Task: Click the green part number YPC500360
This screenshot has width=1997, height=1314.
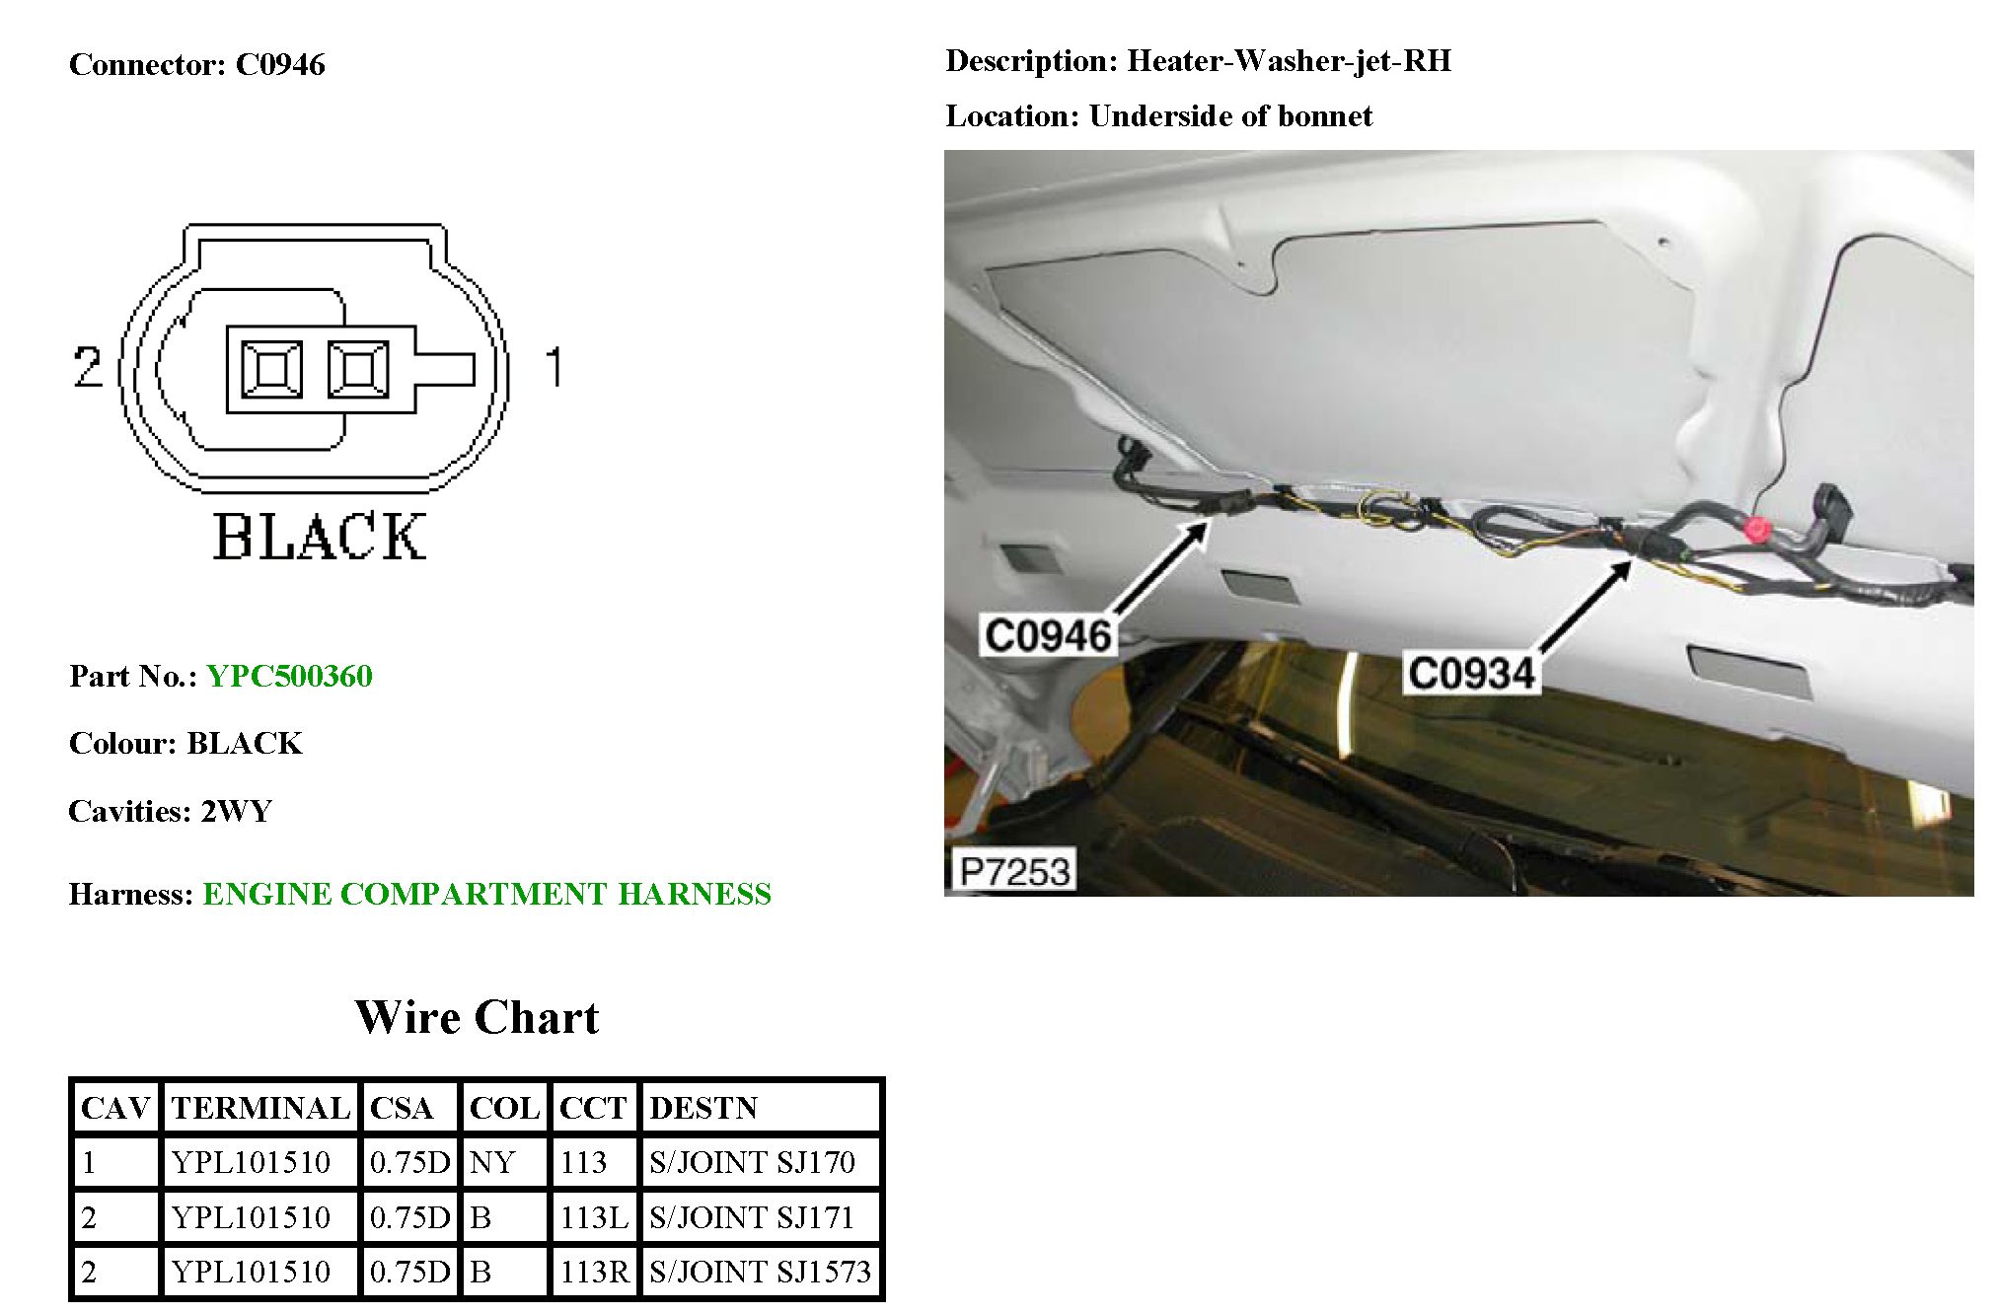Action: pos(289,676)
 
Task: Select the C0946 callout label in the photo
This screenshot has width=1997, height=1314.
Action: pos(1048,635)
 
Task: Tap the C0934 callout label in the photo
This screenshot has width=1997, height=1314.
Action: pos(1471,673)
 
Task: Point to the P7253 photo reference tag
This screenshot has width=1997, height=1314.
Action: pos(1014,871)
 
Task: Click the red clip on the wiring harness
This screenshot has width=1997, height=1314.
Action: pos(1756,529)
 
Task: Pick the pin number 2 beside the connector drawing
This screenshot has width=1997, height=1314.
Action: pos(88,367)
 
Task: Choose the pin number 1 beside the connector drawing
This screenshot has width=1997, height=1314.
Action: pos(555,367)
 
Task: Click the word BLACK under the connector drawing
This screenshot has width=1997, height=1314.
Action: pos(320,538)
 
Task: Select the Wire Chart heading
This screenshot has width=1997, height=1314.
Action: pos(477,1017)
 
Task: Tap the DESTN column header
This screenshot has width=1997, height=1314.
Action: pos(703,1108)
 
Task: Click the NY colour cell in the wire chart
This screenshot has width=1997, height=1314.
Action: pos(492,1162)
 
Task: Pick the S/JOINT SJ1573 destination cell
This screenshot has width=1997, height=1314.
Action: pos(760,1272)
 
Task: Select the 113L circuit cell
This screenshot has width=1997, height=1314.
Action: pos(593,1217)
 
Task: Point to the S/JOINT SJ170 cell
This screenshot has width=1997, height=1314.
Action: pos(752,1162)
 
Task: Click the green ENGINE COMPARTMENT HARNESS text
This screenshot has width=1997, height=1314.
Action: pos(486,894)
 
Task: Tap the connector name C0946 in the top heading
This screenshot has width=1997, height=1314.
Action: pos(280,65)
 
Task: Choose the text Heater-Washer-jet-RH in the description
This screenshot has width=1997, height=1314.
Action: pos(1289,61)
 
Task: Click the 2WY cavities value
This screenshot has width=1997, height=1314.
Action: pos(237,811)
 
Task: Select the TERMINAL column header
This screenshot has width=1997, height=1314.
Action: pos(260,1108)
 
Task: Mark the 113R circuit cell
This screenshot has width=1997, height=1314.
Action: pos(593,1272)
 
